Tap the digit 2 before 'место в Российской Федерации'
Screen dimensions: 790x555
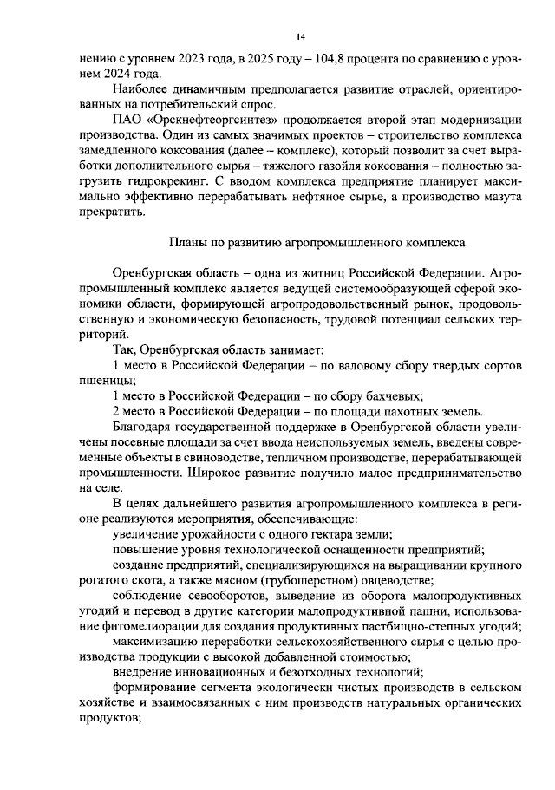click(118, 410)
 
